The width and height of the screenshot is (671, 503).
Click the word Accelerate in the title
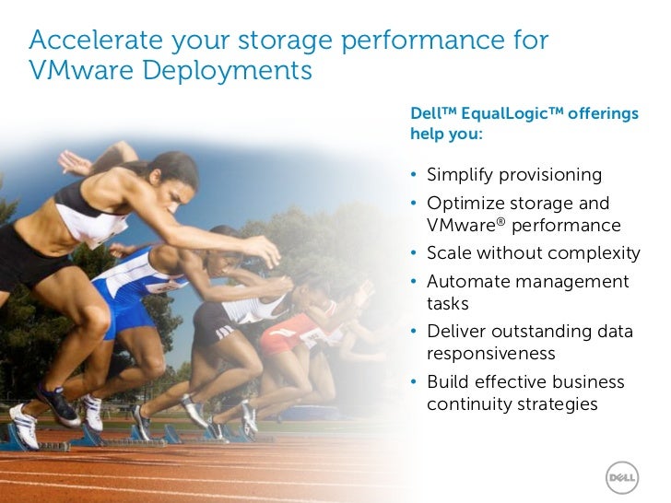point(94,41)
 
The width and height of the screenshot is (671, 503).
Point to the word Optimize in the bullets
point(464,203)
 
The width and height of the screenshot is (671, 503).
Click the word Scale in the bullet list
point(449,253)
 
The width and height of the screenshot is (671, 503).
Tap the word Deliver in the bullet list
point(455,332)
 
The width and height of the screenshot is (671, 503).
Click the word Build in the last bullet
point(447,381)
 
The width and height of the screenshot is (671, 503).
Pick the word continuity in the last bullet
point(466,404)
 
